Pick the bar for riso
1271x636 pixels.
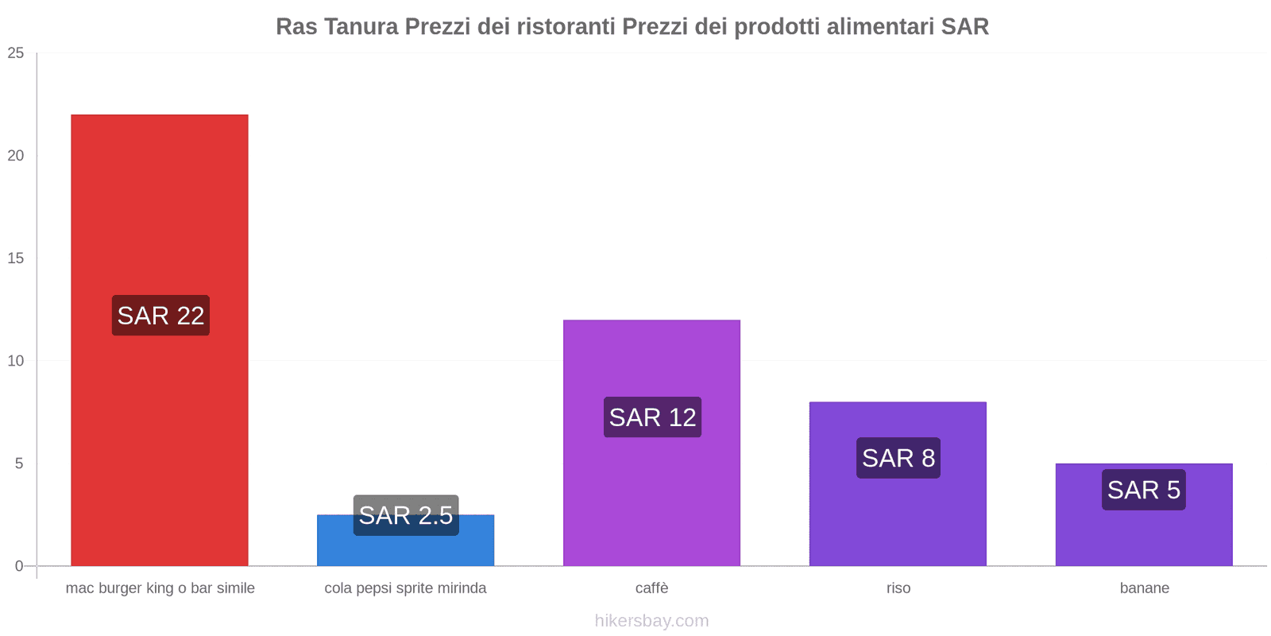click(898, 517)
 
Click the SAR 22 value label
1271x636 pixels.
click(160, 316)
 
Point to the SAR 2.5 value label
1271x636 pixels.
click(406, 515)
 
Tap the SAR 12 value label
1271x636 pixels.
click(652, 417)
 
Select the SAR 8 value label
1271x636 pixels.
click(898, 458)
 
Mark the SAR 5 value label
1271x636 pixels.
click(1144, 490)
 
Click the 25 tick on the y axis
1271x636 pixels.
click(16, 53)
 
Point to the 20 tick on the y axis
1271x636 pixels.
click(16, 156)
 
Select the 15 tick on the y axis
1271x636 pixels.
click(16, 258)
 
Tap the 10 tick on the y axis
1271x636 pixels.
click(16, 361)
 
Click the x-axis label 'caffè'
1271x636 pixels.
click(651, 588)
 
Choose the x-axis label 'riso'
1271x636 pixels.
click(898, 588)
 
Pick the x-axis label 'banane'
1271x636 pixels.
click(1144, 588)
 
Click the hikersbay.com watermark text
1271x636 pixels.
click(651, 621)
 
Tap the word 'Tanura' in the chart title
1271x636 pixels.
click(361, 27)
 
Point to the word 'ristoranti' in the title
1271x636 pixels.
click(566, 27)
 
